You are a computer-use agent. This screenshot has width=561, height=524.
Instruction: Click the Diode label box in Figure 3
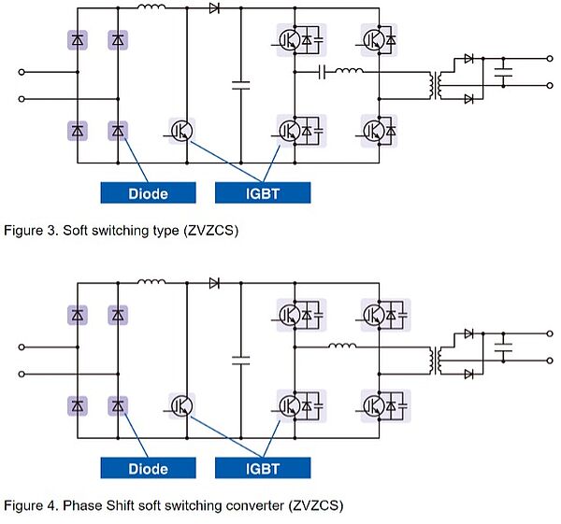click(149, 193)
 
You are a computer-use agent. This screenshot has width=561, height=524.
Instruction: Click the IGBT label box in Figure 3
click(263, 193)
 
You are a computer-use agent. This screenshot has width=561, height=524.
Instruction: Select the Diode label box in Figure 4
click(149, 468)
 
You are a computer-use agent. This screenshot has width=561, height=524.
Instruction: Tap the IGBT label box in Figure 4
click(263, 468)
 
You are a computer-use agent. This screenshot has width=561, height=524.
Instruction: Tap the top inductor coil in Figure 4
click(151, 281)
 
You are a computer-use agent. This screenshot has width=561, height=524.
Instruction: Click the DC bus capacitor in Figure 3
click(241, 84)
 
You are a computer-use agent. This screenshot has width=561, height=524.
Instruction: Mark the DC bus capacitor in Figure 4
click(241, 359)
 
